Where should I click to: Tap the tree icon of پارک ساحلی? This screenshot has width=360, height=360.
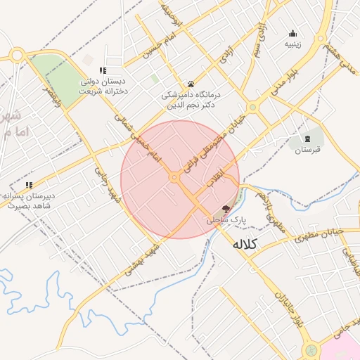[x=226, y=209]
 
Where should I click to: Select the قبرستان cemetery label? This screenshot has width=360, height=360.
[x=307, y=149]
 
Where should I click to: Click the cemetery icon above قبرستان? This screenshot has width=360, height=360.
[x=307, y=138]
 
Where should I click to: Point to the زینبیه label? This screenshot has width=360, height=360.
[x=292, y=44]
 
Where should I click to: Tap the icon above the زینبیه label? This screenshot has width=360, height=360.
[x=292, y=33]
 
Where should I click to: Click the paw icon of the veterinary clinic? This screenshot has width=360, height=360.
[x=191, y=84]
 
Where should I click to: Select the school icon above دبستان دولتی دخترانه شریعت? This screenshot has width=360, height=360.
[x=103, y=70]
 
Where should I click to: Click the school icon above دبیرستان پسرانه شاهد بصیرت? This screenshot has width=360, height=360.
[x=29, y=186]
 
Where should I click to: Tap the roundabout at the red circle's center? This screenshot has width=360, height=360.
[x=174, y=177]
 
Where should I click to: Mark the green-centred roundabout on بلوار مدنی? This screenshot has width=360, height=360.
[x=252, y=107]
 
